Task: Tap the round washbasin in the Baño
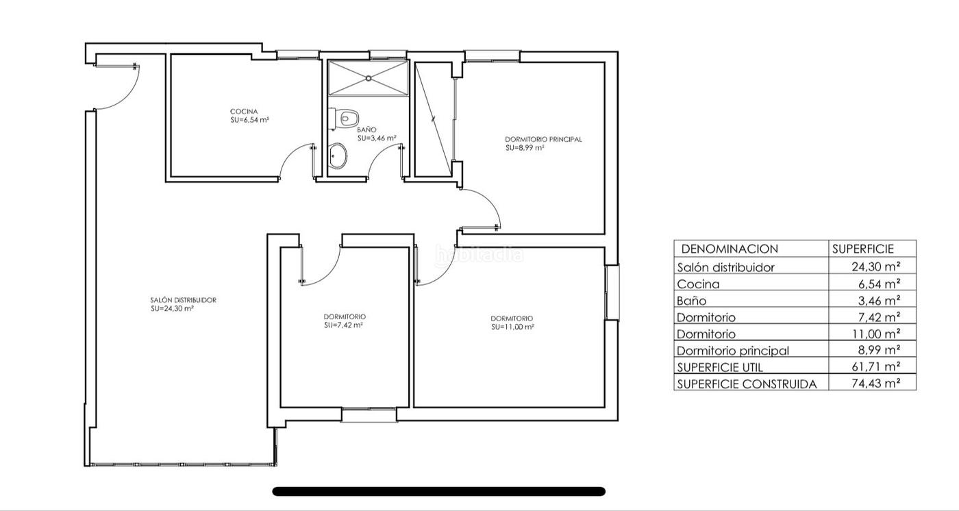coord(338,155)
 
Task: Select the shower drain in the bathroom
coord(369,78)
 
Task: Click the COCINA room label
coord(244,112)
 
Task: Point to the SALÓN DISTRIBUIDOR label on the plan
coord(184,300)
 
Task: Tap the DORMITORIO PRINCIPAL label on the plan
coord(543,140)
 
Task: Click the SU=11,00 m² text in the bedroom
coord(512,327)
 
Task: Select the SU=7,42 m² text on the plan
coord(343,325)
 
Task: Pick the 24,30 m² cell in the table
coord(875,266)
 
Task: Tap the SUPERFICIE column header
coord(862,249)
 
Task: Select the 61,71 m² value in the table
coord(875,366)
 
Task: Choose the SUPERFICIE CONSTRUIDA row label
coord(747,384)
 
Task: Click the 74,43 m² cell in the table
coord(875,383)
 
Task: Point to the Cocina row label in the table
coord(698,284)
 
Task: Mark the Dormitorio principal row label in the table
coord(732,351)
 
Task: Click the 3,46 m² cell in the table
coord(878,301)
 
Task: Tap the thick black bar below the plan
coord(439,491)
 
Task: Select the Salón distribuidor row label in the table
coord(725,267)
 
